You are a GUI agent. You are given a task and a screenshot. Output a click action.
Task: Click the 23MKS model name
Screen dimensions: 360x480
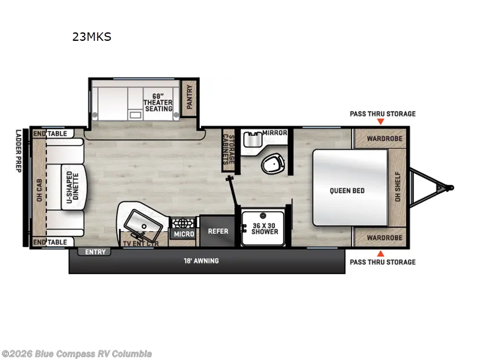(92, 37)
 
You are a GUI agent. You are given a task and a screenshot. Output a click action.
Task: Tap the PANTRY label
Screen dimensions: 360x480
(190, 96)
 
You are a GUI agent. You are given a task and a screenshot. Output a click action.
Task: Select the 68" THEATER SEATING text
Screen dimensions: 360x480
(158, 102)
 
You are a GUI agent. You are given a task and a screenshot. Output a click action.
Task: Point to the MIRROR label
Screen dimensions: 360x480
(274, 133)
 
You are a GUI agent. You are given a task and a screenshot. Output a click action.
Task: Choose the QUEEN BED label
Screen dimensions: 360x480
(347, 191)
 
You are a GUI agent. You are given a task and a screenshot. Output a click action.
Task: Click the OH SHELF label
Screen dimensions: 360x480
(397, 187)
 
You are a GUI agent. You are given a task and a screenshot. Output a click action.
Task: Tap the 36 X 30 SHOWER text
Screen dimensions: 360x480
(265, 228)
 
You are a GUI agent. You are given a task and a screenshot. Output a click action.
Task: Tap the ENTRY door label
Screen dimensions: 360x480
(95, 252)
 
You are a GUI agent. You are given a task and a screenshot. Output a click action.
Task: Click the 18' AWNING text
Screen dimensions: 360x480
(201, 261)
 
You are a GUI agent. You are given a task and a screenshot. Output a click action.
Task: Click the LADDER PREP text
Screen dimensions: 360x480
(18, 151)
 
